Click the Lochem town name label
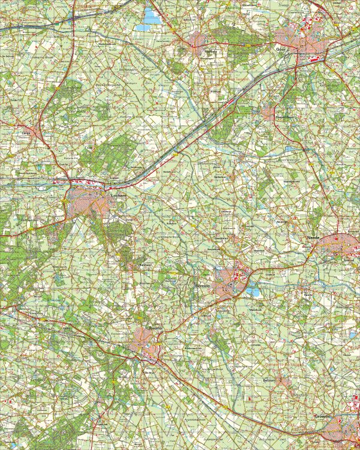[116, 194]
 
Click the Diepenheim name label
[283, 117]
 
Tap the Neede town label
[313, 238]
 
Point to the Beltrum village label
[268, 380]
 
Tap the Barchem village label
[144, 264]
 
